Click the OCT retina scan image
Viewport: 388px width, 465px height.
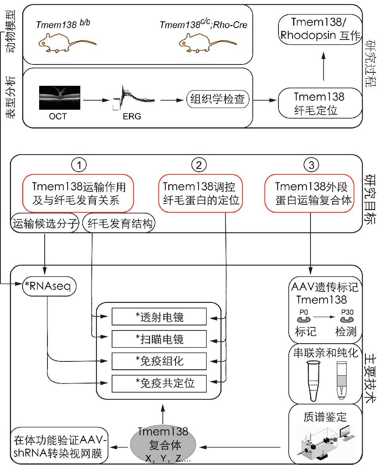point(59,98)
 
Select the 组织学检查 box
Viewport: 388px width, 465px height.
point(218,100)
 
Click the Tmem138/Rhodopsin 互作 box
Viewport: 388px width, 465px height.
point(320,29)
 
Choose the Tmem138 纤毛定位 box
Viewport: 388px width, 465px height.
point(319,103)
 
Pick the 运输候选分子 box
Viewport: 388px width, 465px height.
point(44,224)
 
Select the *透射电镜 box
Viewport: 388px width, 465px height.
point(159,317)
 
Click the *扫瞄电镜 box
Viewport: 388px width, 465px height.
point(159,339)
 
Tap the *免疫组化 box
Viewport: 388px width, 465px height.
point(159,361)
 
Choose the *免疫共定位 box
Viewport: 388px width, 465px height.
point(159,383)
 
